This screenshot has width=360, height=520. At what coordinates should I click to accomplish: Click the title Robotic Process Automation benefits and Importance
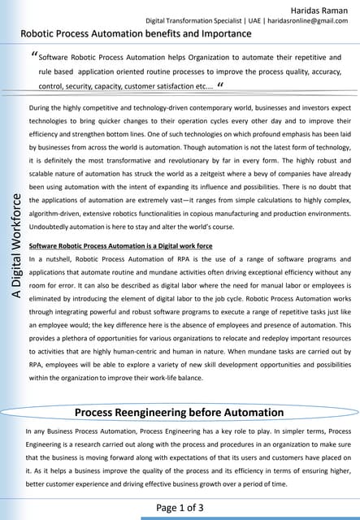coord(136,35)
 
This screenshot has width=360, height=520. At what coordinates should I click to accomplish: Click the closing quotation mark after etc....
coord(221,84)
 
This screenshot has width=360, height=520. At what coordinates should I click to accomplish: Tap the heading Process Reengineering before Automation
coord(180,412)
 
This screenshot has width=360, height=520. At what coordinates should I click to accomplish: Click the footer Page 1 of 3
coord(180,508)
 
